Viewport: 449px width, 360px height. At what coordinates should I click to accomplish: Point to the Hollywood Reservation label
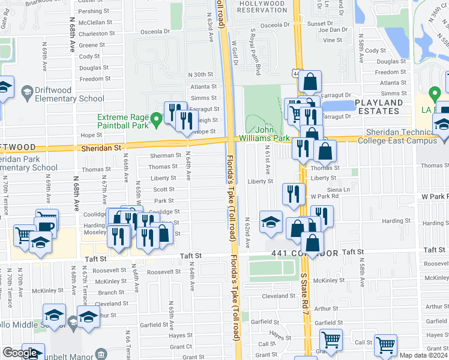263,7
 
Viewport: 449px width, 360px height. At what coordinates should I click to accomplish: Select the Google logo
20,353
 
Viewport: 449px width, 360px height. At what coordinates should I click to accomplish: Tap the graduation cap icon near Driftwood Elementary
27,92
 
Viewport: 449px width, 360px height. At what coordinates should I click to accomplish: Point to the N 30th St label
200,74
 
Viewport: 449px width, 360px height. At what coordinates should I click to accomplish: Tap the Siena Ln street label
338,189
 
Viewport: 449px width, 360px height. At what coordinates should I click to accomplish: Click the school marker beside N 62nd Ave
271,221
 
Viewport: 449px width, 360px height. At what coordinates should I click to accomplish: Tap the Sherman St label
166,155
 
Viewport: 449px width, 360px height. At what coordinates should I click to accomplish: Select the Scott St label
163,190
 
